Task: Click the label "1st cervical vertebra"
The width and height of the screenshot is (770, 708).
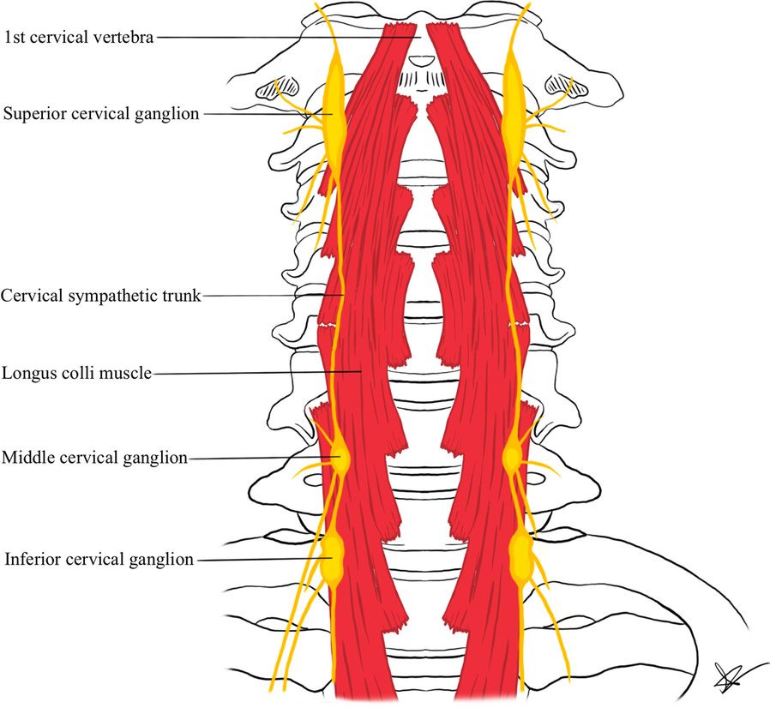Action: (80, 37)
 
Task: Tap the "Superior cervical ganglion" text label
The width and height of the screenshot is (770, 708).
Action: (101, 113)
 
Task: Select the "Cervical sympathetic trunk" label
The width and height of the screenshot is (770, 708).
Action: (100, 296)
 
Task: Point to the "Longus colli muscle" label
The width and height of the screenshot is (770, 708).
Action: (76, 373)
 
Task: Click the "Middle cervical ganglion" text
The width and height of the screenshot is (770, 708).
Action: (94, 458)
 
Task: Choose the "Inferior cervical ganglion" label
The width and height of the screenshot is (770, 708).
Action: (99, 560)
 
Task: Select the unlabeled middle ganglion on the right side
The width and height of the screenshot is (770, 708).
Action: (514, 457)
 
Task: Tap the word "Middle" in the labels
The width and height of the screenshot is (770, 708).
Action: (25, 458)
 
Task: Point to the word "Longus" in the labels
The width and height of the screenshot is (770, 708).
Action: (26, 373)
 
